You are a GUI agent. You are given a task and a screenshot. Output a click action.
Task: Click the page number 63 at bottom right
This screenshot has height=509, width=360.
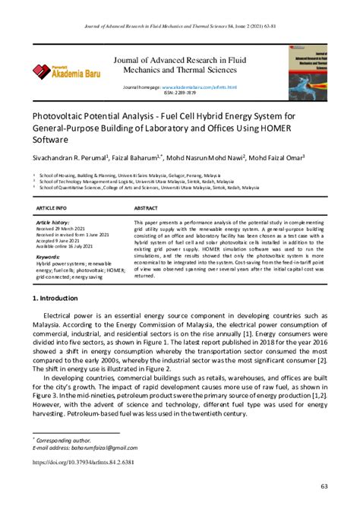tap(324, 485)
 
